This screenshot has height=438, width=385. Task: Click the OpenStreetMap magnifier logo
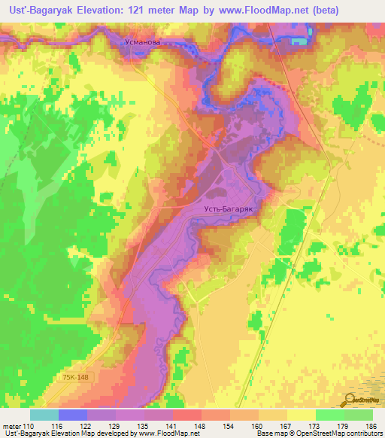click(350, 399)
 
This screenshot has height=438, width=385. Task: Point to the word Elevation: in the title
click(108, 11)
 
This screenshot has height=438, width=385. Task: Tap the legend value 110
click(29, 426)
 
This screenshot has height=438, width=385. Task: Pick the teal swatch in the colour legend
click(44, 415)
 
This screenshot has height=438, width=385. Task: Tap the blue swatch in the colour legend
click(73, 415)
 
